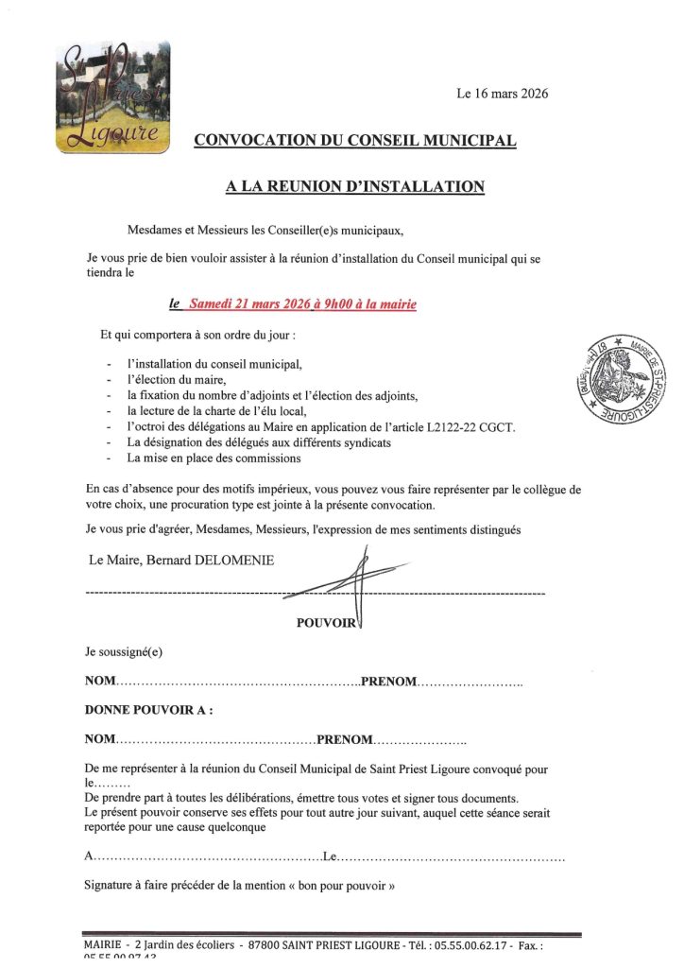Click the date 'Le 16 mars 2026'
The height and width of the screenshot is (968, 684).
[502, 94]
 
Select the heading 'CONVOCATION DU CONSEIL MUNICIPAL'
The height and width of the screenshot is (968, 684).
[355, 141]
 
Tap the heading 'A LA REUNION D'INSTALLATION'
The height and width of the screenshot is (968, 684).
[355, 187]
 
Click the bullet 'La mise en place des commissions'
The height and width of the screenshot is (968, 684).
[214, 458]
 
